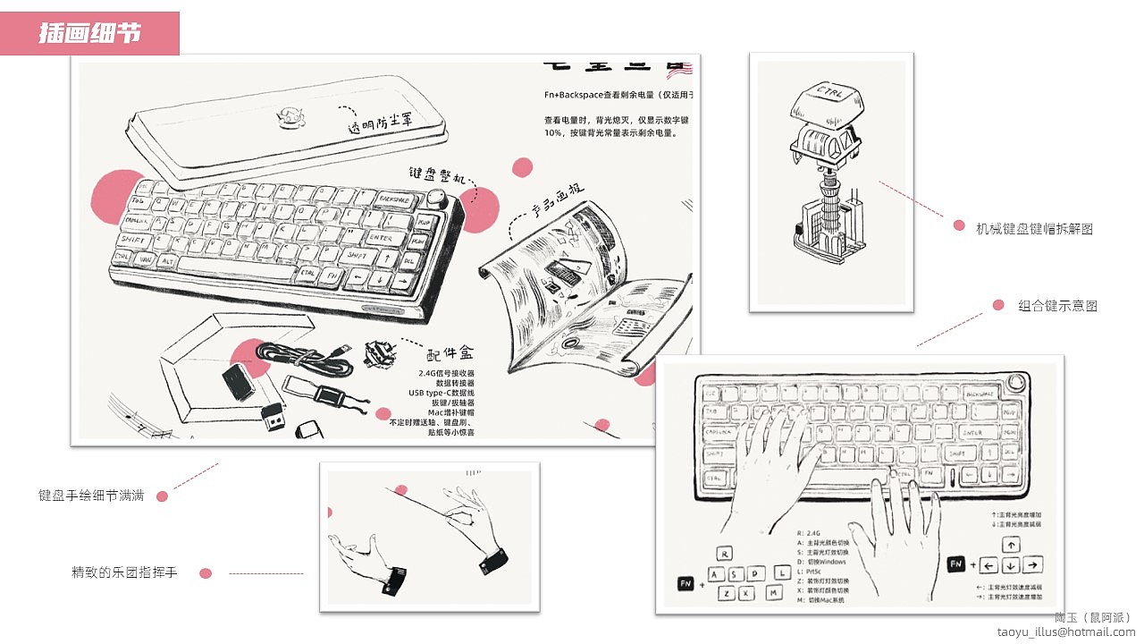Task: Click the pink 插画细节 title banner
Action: [89, 33]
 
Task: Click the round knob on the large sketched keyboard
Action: [438, 198]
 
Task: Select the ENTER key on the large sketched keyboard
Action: [381, 238]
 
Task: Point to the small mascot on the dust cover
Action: [290, 116]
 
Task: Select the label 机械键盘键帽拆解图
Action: [1034, 229]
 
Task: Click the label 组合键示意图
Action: [1057, 306]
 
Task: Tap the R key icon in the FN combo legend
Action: [724, 554]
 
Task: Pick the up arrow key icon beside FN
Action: [1010, 545]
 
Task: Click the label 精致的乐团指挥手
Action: [124, 572]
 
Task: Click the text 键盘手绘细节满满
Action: [90, 495]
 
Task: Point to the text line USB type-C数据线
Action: [442, 393]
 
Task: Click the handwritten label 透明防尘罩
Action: [380, 124]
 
